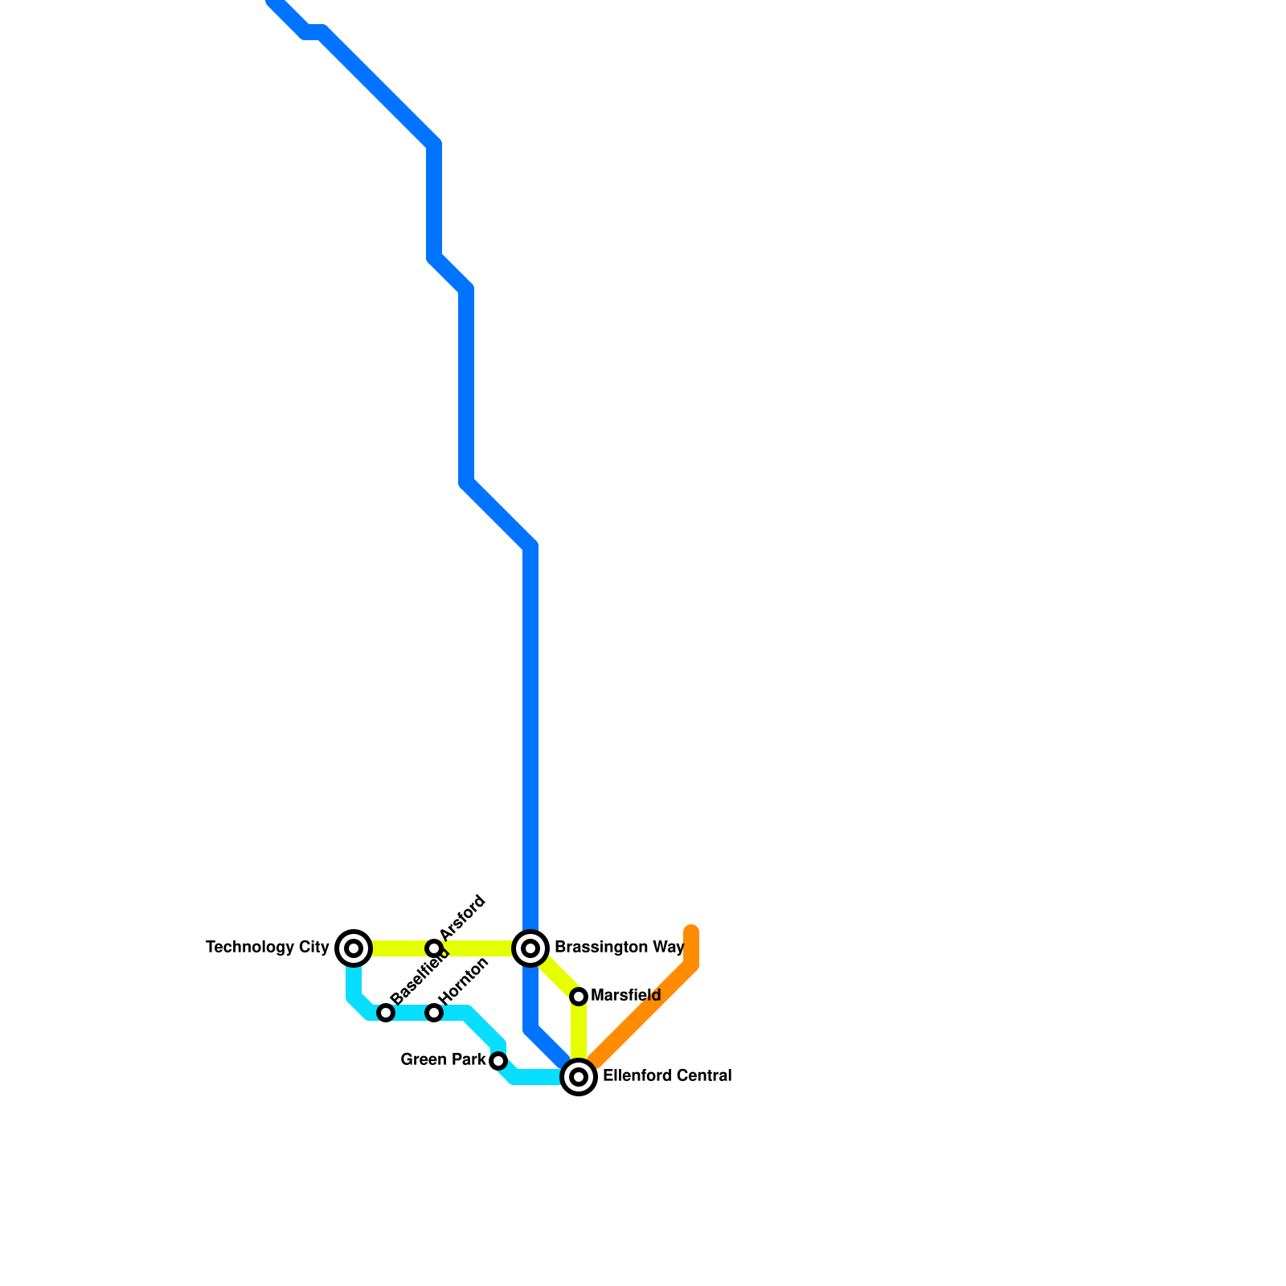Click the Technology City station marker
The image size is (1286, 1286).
click(354, 948)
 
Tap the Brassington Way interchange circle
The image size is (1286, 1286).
click(530, 948)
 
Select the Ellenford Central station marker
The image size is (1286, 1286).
click(579, 1077)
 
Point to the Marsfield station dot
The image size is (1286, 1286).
click(579, 997)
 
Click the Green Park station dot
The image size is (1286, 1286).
click(498, 1061)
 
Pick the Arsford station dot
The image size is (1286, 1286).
click(434, 948)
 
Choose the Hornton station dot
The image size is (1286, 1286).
click(434, 1013)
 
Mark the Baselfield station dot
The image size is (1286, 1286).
click(386, 1013)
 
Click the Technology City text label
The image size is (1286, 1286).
click(267, 948)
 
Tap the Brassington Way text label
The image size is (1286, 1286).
click(619, 948)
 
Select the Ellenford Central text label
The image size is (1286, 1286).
click(667, 1076)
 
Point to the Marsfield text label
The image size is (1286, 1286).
click(625, 996)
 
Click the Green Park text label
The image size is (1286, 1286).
click(443, 1060)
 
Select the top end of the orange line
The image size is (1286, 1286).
click(691, 932)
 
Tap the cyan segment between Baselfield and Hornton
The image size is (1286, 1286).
click(410, 1013)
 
